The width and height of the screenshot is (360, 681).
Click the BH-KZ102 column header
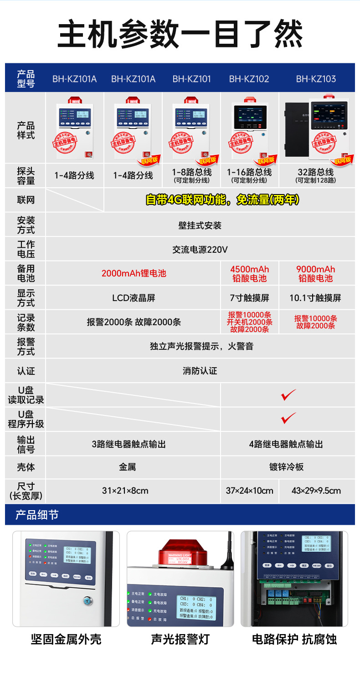[249, 79]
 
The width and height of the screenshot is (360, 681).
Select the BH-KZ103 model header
[316, 79]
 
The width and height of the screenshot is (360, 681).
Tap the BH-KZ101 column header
[191, 79]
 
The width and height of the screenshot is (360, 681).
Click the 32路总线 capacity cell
[316, 175]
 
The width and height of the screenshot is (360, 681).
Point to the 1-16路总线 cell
[249, 175]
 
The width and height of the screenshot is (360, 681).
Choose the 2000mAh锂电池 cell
[134, 273]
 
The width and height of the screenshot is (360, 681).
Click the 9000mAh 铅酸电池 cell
[316, 273]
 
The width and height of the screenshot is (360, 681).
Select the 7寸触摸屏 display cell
[249, 298]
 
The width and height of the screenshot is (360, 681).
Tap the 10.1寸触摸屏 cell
[316, 298]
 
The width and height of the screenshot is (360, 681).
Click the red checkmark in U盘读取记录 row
[288, 395]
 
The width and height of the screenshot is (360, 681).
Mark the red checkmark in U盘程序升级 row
[288, 418]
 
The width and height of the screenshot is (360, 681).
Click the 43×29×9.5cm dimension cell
[316, 491]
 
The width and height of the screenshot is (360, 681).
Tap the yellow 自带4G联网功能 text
[222, 200]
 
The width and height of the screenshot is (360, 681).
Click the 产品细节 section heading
[37, 515]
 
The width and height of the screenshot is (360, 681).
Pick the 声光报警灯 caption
[180, 639]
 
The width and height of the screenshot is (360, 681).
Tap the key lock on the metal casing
[88, 601]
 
